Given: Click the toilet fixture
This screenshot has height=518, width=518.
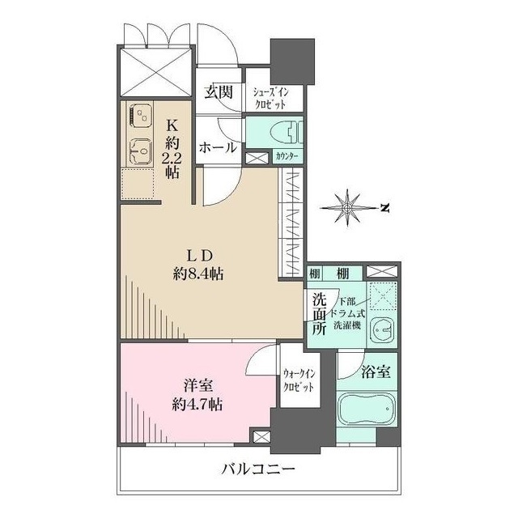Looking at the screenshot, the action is pyautogui.click(x=287, y=133).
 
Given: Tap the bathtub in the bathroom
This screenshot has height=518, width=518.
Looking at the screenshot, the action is pyautogui.click(x=367, y=409).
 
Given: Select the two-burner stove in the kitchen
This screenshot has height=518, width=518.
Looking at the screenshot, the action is pyautogui.click(x=140, y=115).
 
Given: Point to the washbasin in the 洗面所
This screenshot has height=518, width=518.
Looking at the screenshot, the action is pyautogui.click(x=382, y=330).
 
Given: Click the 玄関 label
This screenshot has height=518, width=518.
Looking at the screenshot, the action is pyautogui.click(x=219, y=92).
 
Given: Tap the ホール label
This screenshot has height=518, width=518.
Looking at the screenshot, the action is pyautogui.click(x=218, y=147).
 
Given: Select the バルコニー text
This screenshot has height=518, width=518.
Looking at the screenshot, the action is pyautogui.click(x=258, y=469).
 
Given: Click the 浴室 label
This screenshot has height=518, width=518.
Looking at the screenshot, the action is pyautogui.click(x=376, y=372).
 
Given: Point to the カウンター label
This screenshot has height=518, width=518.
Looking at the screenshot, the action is pyautogui.click(x=287, y=156).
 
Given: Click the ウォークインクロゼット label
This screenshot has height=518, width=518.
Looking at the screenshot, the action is pyautogui.click(x=299, y=380).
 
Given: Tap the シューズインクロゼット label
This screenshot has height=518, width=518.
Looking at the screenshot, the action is pyautogui.click(x=270, y=98).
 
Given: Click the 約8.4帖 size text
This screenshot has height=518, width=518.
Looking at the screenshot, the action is pyautogui.click(x=198, y=274).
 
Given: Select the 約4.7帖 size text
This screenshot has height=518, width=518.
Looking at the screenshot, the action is pyautogui.click(x=197, y=404).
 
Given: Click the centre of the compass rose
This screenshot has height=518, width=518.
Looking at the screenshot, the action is pyautogui.click(x=347, y=208).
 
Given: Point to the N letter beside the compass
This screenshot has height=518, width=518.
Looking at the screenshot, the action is pyautogui.click(x=384, y=208).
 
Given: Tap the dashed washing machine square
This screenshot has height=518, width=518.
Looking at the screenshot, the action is pyautogui.click(x=383, y=296).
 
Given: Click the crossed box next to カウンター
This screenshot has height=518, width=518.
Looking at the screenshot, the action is pyautogui.click(x=257, y=159).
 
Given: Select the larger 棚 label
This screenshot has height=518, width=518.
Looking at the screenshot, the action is pyautogui.click(x=343, y=274).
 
